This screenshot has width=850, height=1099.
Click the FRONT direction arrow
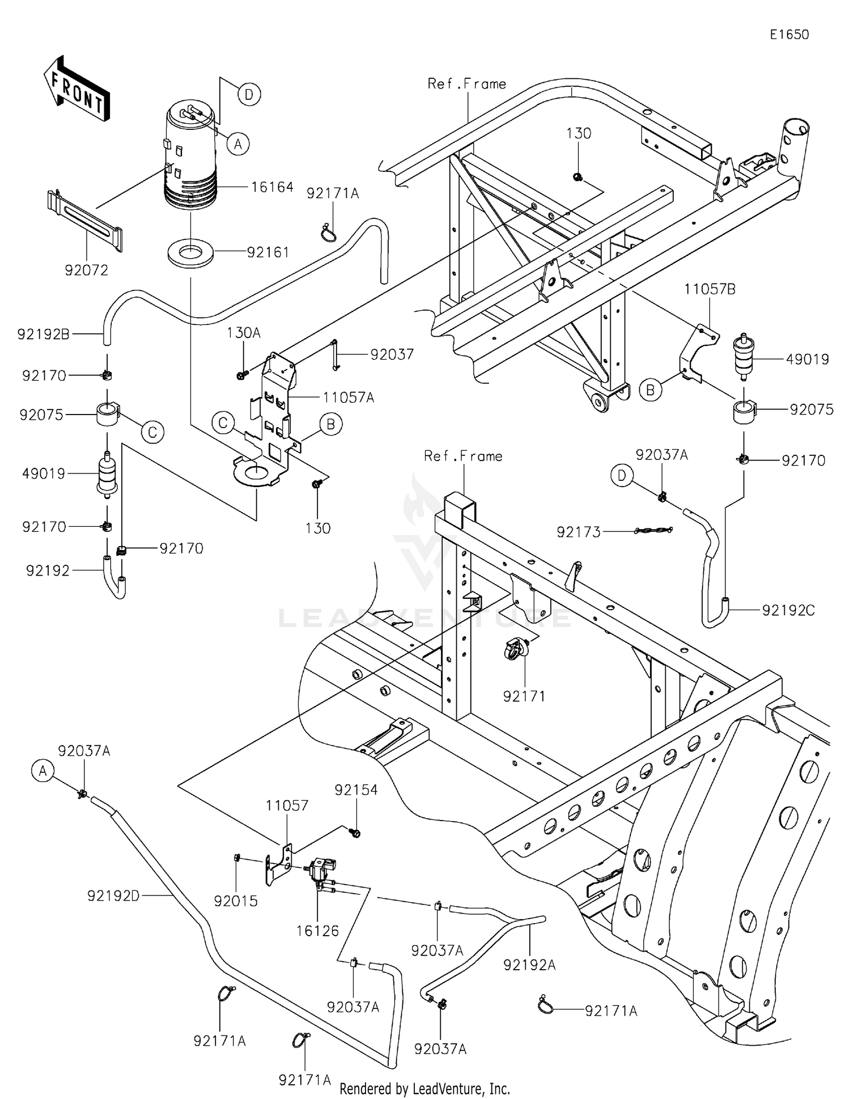pyautogui.click(x=76, y=89)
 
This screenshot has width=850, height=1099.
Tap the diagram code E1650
pyautogui.click(x=789, y=35)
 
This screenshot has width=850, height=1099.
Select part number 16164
pyautogui.click(x=272, y=187)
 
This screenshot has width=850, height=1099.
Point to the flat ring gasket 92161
pyautogui.click(x=191, y=252)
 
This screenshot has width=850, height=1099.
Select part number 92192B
pyautogui.click(x=43, y=334)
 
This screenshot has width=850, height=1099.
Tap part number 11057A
pyautogui.click(x=348, y=398)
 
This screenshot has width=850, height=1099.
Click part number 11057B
pyautogui.click(x=709, y=289)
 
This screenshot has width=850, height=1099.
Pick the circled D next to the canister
pyautogui.click(x=249, y=94)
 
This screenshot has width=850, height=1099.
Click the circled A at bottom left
pyautogui.click(x=43, y=771)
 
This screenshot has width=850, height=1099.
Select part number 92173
pyautogui.click(x=579, y=532)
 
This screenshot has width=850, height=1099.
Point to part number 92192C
pyautogui.click(x=788, y=610)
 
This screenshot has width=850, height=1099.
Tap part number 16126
pyautogui.click(x=317, y=931)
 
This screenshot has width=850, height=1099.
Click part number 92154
pyautogui.click(x=356, y=790)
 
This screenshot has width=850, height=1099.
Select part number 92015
pyautogui.click(x=236, y=901)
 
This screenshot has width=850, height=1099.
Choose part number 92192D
pyautogui.click(x=113, y=895)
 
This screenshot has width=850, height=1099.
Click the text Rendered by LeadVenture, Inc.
pyautogui.click(x=424, y=1088)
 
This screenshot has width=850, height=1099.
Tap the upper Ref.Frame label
pyautogui.click(x=466, y=84)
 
